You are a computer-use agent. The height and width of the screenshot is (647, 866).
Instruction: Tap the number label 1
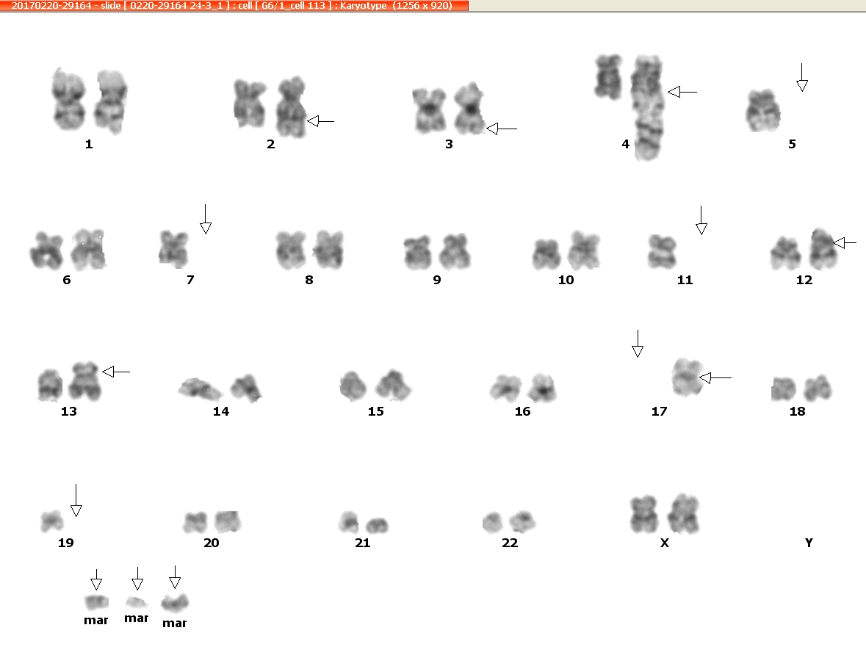tap(89, 144)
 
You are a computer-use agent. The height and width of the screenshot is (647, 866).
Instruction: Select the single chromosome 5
tap(763, 111)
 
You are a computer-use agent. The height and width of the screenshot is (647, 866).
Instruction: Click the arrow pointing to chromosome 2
tap(320, 121)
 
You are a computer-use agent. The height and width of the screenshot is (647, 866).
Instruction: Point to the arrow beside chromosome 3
tap(502, 129)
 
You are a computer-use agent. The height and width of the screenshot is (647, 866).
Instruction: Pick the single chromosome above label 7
tap(173, 249)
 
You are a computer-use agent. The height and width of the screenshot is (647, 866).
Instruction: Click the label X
tap(665, 543)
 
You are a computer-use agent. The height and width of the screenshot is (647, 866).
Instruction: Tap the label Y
tap(809, 543)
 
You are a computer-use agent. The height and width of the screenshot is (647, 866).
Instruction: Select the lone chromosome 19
tap(52, 521)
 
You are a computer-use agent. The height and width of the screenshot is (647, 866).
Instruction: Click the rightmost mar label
tap(175, 623)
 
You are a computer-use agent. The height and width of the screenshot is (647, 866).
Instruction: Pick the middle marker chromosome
tap(136, 601)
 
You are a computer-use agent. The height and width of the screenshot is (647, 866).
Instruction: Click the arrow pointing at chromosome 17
tap(715, 377)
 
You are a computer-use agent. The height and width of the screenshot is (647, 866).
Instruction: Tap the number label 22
tap(510, 543)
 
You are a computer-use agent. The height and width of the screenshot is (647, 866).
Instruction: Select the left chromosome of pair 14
tap(200, 388)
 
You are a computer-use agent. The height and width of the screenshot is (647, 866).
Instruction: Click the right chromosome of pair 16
tap(542, 388)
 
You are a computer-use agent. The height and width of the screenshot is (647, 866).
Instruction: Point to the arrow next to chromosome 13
tap(116, 372)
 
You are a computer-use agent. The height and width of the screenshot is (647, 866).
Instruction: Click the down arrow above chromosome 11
tap(701, 220)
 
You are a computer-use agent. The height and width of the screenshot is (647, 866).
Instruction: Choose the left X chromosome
tap(644, 514)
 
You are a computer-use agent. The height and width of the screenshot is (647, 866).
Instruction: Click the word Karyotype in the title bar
tap(364, 6)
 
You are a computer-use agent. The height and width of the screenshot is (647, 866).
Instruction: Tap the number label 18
tap(797, 411)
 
